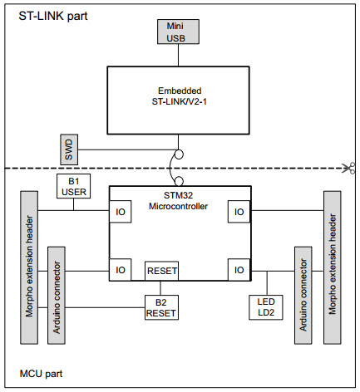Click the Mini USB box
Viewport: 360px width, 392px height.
click(x=176, y=31)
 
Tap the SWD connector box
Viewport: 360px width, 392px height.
click(x=70, y=149)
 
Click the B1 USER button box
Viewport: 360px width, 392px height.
click(x=73, y=187)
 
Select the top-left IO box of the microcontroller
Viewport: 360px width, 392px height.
click(x=120, y=213)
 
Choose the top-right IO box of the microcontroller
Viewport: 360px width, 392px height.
click(x=239, y=213)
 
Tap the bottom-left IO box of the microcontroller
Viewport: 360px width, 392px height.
click(x=120, y=270)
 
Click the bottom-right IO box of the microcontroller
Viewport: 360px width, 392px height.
click(x=239, y=270)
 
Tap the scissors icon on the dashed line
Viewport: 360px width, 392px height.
click(x=352, y=169)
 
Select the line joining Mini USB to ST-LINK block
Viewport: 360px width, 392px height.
click(x=176, y=54)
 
